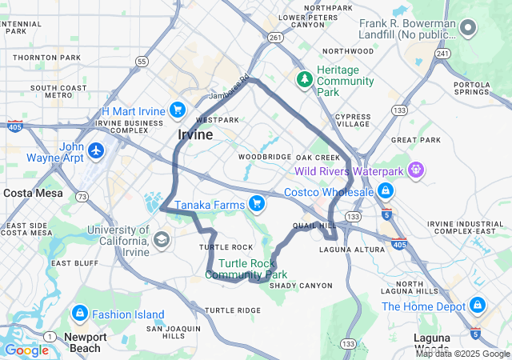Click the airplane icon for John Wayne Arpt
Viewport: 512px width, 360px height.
(97, 150)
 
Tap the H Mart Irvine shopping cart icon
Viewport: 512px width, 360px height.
(177, 110)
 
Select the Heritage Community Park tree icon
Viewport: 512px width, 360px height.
(304, 79)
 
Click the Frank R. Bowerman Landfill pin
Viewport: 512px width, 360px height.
(469, 30)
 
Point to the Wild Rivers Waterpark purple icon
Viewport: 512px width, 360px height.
(415, 170)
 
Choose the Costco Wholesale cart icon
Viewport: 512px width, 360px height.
(386, 191)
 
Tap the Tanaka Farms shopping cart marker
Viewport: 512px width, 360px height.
(256, 205)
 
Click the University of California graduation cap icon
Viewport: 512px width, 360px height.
(162, 239)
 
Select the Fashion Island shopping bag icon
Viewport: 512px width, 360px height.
(80, 314)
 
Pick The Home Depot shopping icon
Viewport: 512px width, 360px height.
(478, 306)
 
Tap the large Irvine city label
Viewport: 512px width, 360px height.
(195, 134)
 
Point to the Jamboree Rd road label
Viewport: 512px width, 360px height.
(225, 94)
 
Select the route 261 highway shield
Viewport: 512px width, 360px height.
(275, 37)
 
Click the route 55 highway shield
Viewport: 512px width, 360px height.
(142, 61)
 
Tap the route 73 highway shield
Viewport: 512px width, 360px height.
(82, 195)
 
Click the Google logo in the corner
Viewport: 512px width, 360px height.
(26, 350)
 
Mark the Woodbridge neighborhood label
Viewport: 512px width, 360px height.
(265, 157)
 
